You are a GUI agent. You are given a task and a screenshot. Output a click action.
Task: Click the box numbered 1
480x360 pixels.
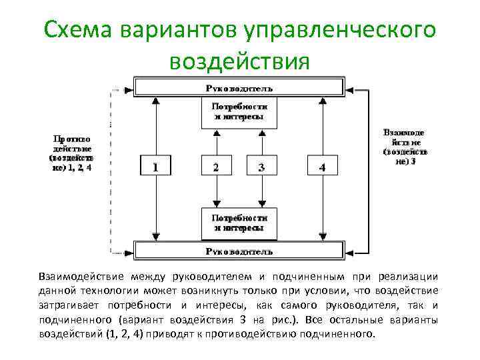click(155, 167)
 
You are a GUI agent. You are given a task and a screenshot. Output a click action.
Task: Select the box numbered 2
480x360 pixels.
click(215, 167)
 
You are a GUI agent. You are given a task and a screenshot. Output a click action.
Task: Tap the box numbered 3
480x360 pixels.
click(261, 167)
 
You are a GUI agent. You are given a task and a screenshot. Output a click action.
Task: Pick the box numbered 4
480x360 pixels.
click(322, 167)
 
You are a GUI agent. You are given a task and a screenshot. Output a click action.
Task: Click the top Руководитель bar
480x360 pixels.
click(239, 87)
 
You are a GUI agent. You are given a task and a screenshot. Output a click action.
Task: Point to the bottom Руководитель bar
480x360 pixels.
click(239, 251)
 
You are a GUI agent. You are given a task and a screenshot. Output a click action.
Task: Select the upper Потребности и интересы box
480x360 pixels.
click(239, 111)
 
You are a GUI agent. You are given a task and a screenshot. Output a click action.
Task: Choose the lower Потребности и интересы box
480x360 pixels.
click(239, 223)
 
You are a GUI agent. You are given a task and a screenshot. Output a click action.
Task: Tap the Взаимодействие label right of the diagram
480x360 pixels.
click(405, 147)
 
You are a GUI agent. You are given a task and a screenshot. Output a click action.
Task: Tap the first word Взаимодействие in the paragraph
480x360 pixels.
click(85, 277)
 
